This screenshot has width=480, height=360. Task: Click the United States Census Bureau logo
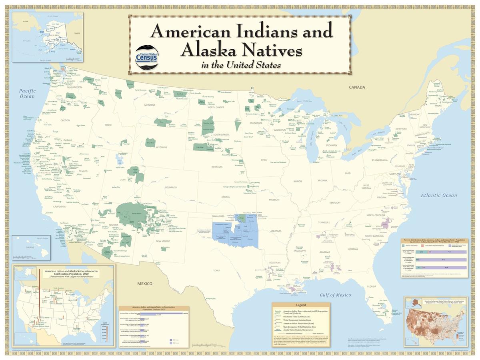coord(146,58)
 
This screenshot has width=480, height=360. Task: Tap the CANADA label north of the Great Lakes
coord(357,87)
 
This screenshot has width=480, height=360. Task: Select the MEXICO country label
coord(145,284)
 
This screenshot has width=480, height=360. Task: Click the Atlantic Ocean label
coord(438,195)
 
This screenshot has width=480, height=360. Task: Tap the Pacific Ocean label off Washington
coord(28,94)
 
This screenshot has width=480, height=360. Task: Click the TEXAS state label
coord(216,270)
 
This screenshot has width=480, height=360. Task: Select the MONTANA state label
coord(150,105)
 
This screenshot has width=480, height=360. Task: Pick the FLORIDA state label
coord(372,286)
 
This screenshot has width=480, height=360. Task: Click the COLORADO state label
coord(170,187)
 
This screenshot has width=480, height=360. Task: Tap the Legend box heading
coord(301,305)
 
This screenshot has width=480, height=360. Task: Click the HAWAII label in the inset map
coord(19,247)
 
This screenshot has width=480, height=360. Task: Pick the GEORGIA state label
coord(353,249)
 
